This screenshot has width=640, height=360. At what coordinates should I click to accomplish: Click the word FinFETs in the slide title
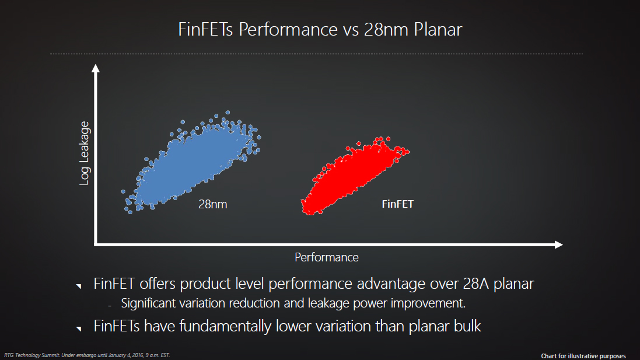[x=205, y=29]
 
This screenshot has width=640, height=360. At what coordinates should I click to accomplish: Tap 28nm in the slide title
[x=386, y=29]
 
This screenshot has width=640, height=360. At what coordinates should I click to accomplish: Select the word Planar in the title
[x=438, y=29]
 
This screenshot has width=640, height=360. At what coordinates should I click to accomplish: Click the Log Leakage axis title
[x=84, y=153]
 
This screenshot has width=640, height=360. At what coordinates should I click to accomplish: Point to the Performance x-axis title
[x=327, y=257]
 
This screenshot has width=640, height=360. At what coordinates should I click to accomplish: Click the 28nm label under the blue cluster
[x=213, y=204]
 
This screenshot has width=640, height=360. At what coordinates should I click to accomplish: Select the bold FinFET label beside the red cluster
[x=397, y=204]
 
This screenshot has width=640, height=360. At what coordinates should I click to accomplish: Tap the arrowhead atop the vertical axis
[x=96, y=68]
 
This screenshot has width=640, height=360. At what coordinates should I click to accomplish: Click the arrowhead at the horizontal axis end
[x=559, y=244]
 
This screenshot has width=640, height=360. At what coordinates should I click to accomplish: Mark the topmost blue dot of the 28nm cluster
[x=228, y=113]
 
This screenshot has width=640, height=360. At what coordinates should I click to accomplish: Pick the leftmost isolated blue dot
[x=123, y=191]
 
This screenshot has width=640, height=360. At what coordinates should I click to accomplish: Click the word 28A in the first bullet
[x=475, y=284]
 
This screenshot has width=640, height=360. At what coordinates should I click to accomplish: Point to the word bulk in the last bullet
[x=468, y=326]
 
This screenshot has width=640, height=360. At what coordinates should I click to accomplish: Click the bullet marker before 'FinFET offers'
[x=79, y=286]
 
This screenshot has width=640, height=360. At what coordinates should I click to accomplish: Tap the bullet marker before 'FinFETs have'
[x=79, y=328]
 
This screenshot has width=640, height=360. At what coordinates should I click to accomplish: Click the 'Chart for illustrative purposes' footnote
[x=583, y=356]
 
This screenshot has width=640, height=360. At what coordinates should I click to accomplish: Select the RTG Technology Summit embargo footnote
[x=87, y=355]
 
